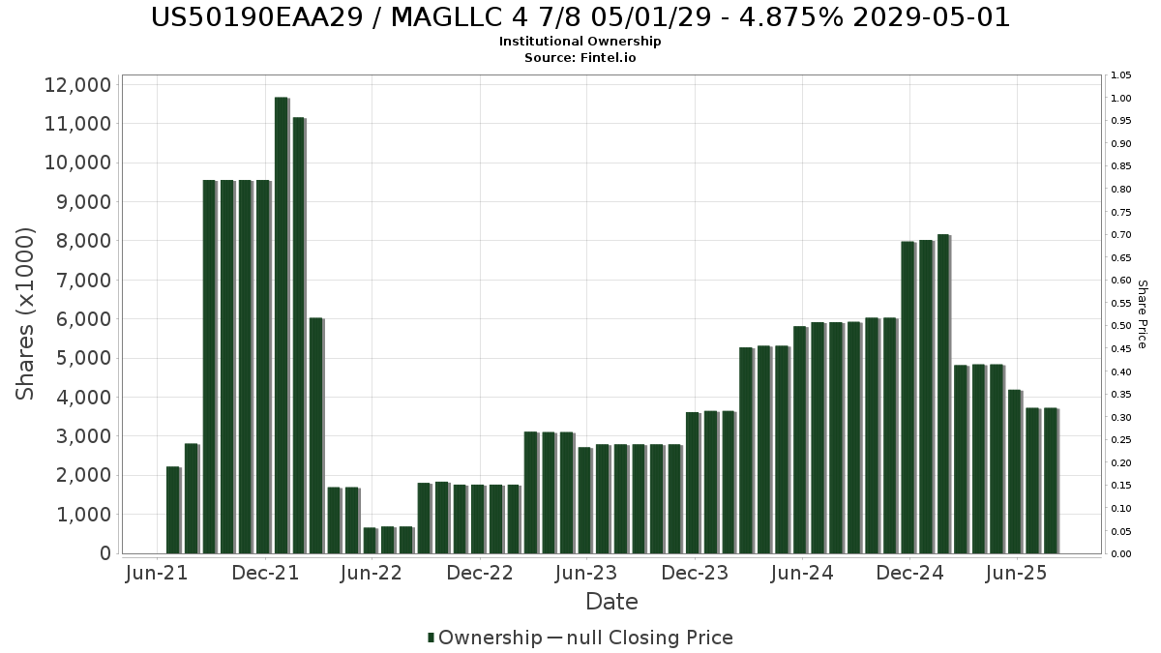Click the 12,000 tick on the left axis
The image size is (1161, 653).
pos(77,85)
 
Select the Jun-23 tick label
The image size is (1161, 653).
pos(585,574)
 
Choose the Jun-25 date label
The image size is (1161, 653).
pos(1016,574)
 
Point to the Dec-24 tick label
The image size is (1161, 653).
pos(909,574)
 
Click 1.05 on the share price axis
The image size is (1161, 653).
pos(1121,75)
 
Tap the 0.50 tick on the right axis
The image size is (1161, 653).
pos(1121,326)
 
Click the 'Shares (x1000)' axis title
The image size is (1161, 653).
pos(26,313)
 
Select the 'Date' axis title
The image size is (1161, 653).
pos(611,602)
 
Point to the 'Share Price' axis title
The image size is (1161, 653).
pos(1142,313)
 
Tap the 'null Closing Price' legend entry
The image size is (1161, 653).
pos(640,638)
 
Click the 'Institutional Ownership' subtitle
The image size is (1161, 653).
pos(580,42)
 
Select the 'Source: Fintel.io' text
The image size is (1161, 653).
pos(580,58)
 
